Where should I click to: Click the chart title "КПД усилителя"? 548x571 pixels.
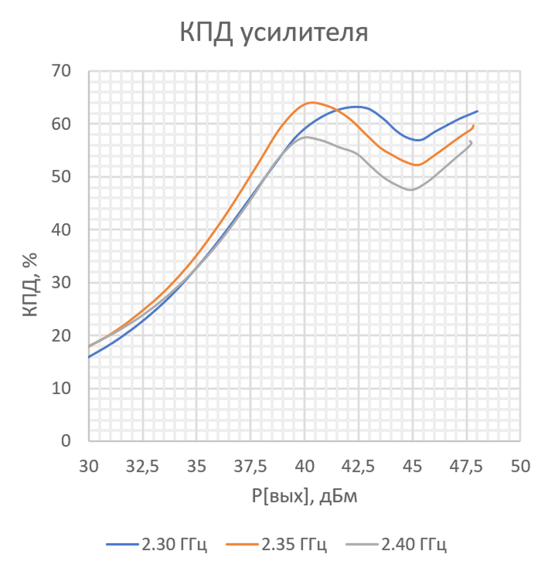click(274, 33)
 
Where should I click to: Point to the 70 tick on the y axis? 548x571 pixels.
click(60, 71)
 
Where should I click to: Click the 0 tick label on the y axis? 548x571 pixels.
click(66, 441)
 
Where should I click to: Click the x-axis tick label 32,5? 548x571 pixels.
click(143, 467)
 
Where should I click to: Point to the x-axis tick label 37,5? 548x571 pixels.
click(251, 467)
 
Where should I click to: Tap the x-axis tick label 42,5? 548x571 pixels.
click(359, 467)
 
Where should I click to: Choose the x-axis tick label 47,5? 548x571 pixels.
click(466, 467)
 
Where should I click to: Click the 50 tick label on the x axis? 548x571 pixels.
click(520, 467)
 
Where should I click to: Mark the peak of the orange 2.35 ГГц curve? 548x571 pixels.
click(311, 102)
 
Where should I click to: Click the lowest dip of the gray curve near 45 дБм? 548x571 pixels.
click(411, 189)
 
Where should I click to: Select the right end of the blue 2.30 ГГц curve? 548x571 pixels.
click(477, 111)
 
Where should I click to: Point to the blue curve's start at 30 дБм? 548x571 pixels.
click(90, 357)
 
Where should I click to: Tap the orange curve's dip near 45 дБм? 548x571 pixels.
click(417, 165)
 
